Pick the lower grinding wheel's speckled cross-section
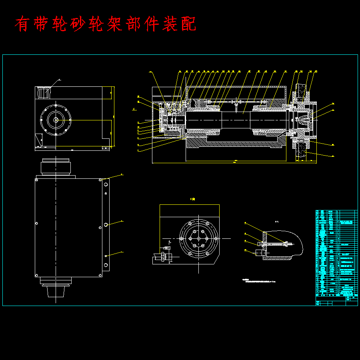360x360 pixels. point(301,151)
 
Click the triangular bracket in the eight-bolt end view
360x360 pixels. point(38,140)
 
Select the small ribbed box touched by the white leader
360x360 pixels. point(44,92)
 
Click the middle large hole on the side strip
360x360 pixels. point(106,225)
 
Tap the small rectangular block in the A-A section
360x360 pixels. point(259,252)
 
